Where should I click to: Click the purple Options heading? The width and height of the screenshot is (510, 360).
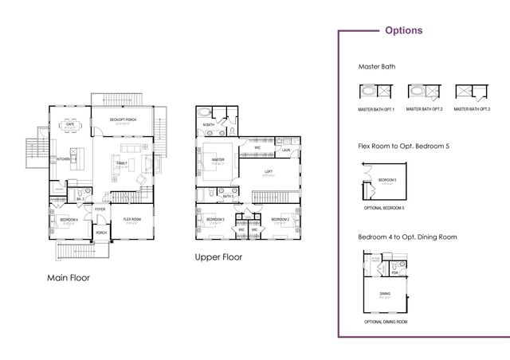(x=403, y=31)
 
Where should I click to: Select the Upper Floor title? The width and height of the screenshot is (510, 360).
(x=218, y=257)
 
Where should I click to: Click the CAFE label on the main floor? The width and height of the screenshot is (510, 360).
(x=70, y=124)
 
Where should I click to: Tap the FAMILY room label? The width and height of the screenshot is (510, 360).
(x=121, y=163)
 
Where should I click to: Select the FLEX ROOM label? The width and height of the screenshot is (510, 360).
(x=131, y=219)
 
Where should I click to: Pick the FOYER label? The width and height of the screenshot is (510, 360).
(x=100, y=209)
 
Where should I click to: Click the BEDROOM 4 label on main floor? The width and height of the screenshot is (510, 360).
(x=69, y=219)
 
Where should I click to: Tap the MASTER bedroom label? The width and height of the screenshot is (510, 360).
(x=217, y=160)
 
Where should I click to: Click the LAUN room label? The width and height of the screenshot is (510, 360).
(x=285, y=149)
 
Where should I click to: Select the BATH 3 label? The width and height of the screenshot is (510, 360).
(x=227, y=196)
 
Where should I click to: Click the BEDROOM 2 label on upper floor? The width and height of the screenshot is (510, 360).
(x=279, y=219)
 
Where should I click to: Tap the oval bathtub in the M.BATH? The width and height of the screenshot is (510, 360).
(x=206, y=113)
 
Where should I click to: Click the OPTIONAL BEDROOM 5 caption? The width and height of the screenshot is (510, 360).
(x=384, y=207)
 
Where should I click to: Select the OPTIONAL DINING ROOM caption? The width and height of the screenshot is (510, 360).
(x=386, y=322)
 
